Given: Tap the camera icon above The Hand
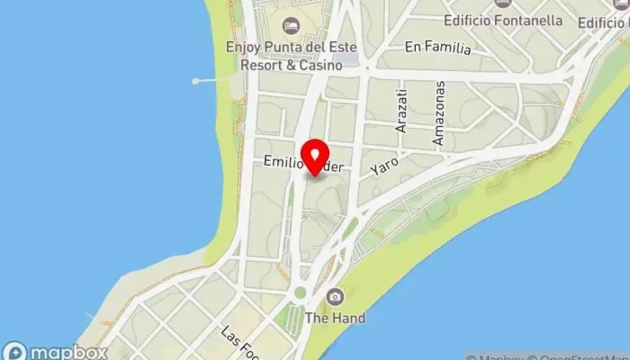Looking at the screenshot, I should [x=335, y=297].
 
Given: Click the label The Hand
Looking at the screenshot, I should [x=335, y=318].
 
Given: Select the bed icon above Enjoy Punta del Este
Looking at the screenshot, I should [x=290, y=25].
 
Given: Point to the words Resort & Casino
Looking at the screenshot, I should [x=291, y=65].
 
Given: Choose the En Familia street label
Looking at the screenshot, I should [x=437, y=48].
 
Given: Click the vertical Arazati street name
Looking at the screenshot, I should [x=402, y=110].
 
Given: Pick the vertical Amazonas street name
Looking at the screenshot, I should [x=439, y=113].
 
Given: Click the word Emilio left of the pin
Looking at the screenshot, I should [x=281, y=162].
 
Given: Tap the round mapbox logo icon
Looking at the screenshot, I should [x=13, y=352].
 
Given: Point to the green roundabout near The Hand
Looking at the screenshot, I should [x=300, y=293].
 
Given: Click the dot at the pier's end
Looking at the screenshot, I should [x=195, y=81].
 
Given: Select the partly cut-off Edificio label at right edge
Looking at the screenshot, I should [x=608, y=20].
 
